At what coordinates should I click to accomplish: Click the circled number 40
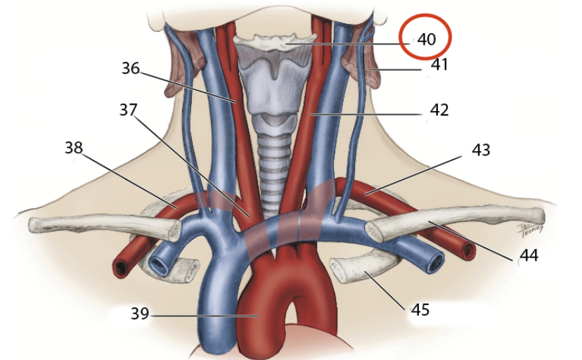(427, 39)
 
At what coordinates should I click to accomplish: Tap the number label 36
(131, 68)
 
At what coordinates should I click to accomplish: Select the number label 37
(127, 110)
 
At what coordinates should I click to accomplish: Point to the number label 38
(74, 148)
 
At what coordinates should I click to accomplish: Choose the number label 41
(439, 65)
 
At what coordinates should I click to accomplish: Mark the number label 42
(439, 110)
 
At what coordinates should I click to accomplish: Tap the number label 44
(528, 256)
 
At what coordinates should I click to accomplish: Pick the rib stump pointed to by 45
(351, 270)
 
